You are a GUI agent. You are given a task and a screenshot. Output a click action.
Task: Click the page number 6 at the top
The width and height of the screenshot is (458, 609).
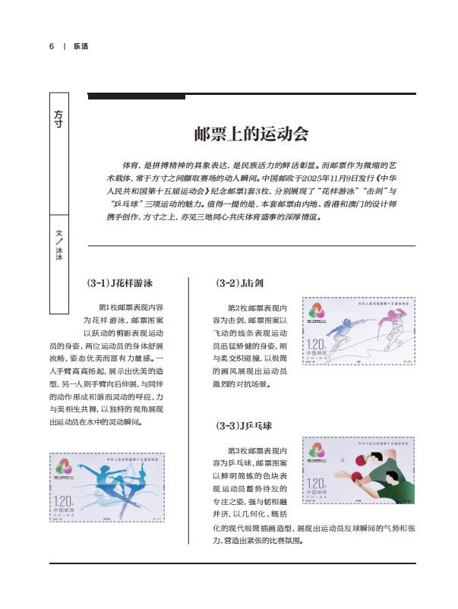52,46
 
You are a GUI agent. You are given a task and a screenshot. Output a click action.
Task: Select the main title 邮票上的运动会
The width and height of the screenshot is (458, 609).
251,135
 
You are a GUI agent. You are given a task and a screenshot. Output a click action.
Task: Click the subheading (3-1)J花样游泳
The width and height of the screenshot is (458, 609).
120,284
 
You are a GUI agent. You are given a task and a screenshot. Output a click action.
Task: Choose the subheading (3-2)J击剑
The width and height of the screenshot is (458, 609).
240,284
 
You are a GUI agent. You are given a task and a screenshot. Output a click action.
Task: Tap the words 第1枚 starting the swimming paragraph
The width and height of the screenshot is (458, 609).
110,308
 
